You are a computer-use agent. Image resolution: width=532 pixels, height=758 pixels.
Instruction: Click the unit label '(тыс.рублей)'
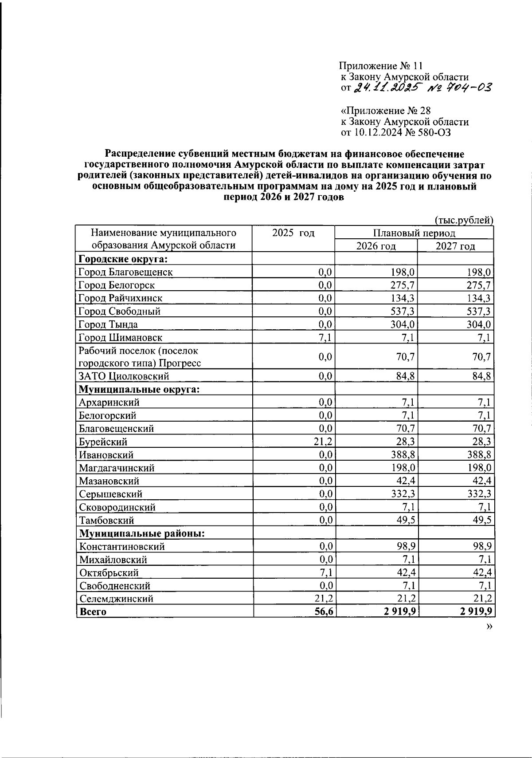[464, 220]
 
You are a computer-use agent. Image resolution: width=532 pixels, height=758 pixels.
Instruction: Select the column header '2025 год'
[293, 233]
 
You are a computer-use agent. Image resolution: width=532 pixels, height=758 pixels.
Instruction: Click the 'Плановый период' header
[414, 233]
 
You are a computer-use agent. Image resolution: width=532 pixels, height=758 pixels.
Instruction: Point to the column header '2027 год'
[455, 246]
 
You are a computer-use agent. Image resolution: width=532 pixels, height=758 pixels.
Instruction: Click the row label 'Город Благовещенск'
[125, 272]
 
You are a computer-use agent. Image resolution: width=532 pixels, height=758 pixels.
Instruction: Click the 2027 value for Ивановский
[481, 455]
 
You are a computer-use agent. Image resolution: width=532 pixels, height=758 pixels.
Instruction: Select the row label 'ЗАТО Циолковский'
[124, 376]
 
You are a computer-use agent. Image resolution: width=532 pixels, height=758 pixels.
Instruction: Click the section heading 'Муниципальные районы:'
[142, 533]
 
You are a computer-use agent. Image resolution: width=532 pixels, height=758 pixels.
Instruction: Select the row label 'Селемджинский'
[116, 599]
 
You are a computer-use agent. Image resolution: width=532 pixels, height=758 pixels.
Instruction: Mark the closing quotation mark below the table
[489, 626]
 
